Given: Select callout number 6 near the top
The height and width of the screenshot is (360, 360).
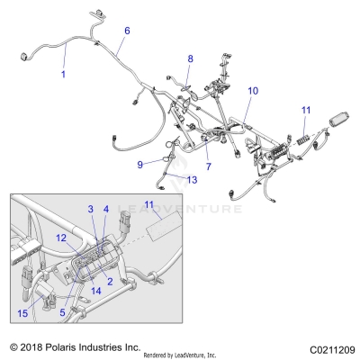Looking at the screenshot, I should [127, 31].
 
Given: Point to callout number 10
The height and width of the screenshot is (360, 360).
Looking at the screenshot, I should [253, 91].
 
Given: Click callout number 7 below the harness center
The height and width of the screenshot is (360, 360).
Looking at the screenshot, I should [208, 167].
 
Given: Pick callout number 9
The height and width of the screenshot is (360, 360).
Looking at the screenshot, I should [139, 164].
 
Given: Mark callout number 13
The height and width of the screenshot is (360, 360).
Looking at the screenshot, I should [193, 179].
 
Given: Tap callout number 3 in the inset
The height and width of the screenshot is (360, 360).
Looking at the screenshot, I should [90, 234].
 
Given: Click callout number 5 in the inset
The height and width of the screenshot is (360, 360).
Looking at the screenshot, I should [62, 314].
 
